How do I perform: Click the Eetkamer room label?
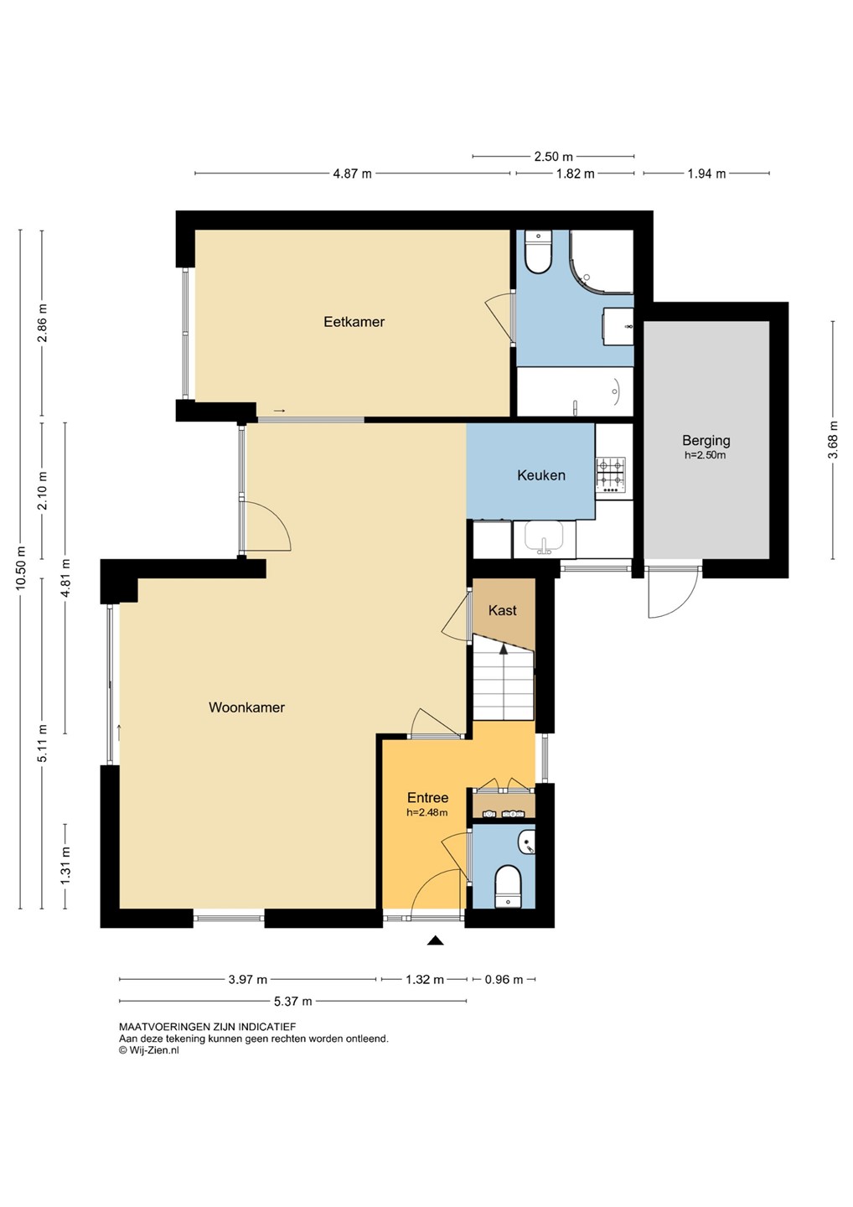[354, 322]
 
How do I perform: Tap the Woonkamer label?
[246, 707]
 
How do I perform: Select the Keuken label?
[541, 474]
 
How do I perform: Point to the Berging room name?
[706, 441]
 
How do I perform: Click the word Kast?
[503, 610]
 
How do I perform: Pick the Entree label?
[427, 797]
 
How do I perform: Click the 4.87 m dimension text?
[352, 174]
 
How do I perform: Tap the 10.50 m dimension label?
[20, 568]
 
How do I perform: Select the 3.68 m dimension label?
[833, 440]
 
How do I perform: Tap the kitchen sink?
[544, 538]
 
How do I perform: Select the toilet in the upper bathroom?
[538, 252]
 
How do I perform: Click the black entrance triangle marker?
[436, 940]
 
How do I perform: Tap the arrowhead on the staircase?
[504, 649]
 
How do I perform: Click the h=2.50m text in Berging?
[705, 455]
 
